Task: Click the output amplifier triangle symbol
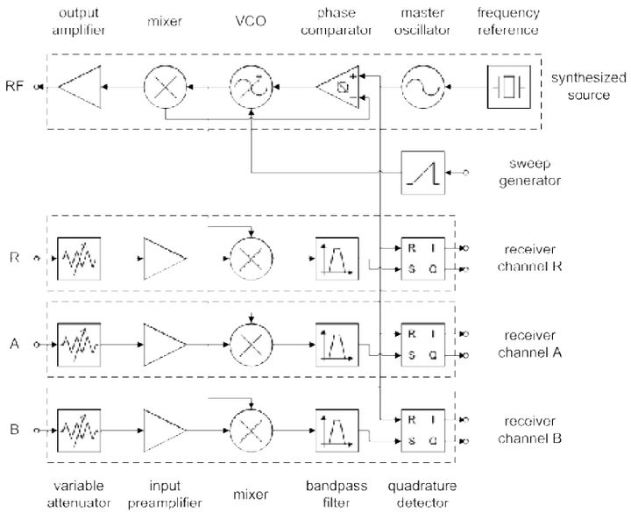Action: [78, 87]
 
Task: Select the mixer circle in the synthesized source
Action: [164, 87]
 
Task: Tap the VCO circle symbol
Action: [251, 87]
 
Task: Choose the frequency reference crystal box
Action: [508, 87]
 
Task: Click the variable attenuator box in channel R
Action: [78, 258]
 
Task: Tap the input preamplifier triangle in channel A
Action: [165, 343]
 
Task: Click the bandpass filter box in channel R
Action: [337, 258]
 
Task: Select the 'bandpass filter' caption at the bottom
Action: [337, 493]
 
